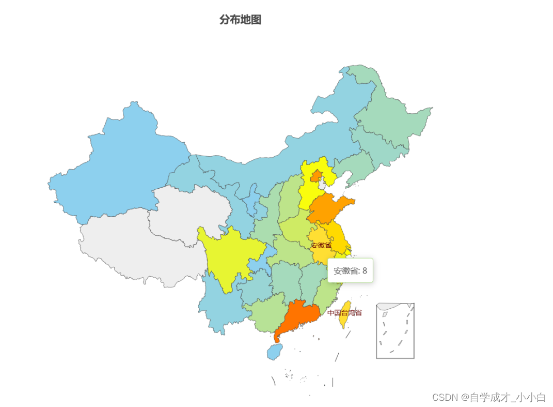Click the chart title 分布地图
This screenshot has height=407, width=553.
pos(240,20)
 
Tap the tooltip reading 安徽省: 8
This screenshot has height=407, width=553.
pos(350,270)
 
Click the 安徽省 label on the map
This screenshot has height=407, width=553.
pos(321,245)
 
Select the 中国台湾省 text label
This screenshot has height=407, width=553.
pos(344,312)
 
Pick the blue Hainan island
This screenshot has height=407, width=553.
pos(275,352)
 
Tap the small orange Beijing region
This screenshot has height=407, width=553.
pos(314,176)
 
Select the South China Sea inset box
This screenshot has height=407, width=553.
pos(395,330)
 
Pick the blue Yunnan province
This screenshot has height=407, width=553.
pos(219,305)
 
